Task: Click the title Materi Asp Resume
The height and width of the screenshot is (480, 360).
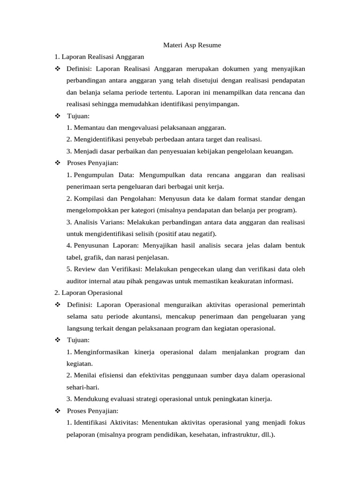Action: pyautogui.click(x=191, y=45)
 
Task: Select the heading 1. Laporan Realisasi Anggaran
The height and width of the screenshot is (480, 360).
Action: pyautogui.click(x=99, y=57)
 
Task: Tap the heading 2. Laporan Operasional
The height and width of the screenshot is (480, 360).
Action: pyautogui.click(x=89, y=292)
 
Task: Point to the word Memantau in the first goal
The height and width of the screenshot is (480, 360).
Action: pyautogui.click(x=88, y=127)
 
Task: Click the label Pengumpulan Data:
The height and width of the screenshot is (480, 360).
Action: pyautogui.click(x=104, y=175)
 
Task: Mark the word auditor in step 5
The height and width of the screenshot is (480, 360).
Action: pyautogui.click(x=77, y=281)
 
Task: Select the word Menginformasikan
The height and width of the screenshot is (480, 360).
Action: pyautogui.click(x=102, y=352)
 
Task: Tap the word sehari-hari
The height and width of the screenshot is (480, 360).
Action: pyautogui.click(x=82, y=387)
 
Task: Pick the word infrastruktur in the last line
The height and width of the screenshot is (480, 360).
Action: pyautogui.click(x=237, y=434)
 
